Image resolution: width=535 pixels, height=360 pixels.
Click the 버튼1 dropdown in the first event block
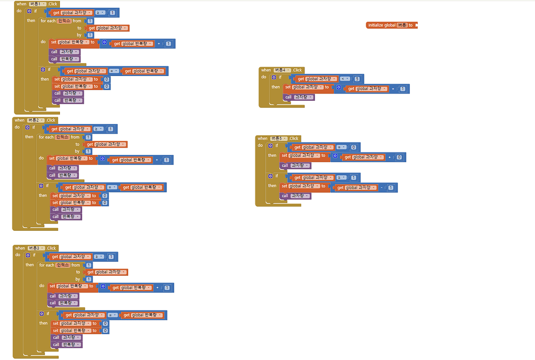[x=38, y=4]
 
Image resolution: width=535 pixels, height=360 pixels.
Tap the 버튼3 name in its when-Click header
[x=37, y=248]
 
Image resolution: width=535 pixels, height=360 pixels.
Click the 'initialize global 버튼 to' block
[x=391, y=25]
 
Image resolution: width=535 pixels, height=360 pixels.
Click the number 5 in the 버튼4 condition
[x=357, y=79]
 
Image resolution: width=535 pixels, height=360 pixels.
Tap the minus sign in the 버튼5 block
[x=382, y=187]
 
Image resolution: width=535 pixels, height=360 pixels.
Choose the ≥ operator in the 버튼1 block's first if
[x=99, y=12]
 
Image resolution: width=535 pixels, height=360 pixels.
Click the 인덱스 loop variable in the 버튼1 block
[x=64, y=21]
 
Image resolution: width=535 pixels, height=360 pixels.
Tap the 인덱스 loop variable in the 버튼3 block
[x=63, y=265]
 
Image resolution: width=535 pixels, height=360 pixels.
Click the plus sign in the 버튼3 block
[x=158, y=288]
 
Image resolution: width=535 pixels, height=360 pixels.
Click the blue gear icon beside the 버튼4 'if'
[x=273, y=77]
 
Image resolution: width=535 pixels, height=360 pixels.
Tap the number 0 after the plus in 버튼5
[x=399, y=157]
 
